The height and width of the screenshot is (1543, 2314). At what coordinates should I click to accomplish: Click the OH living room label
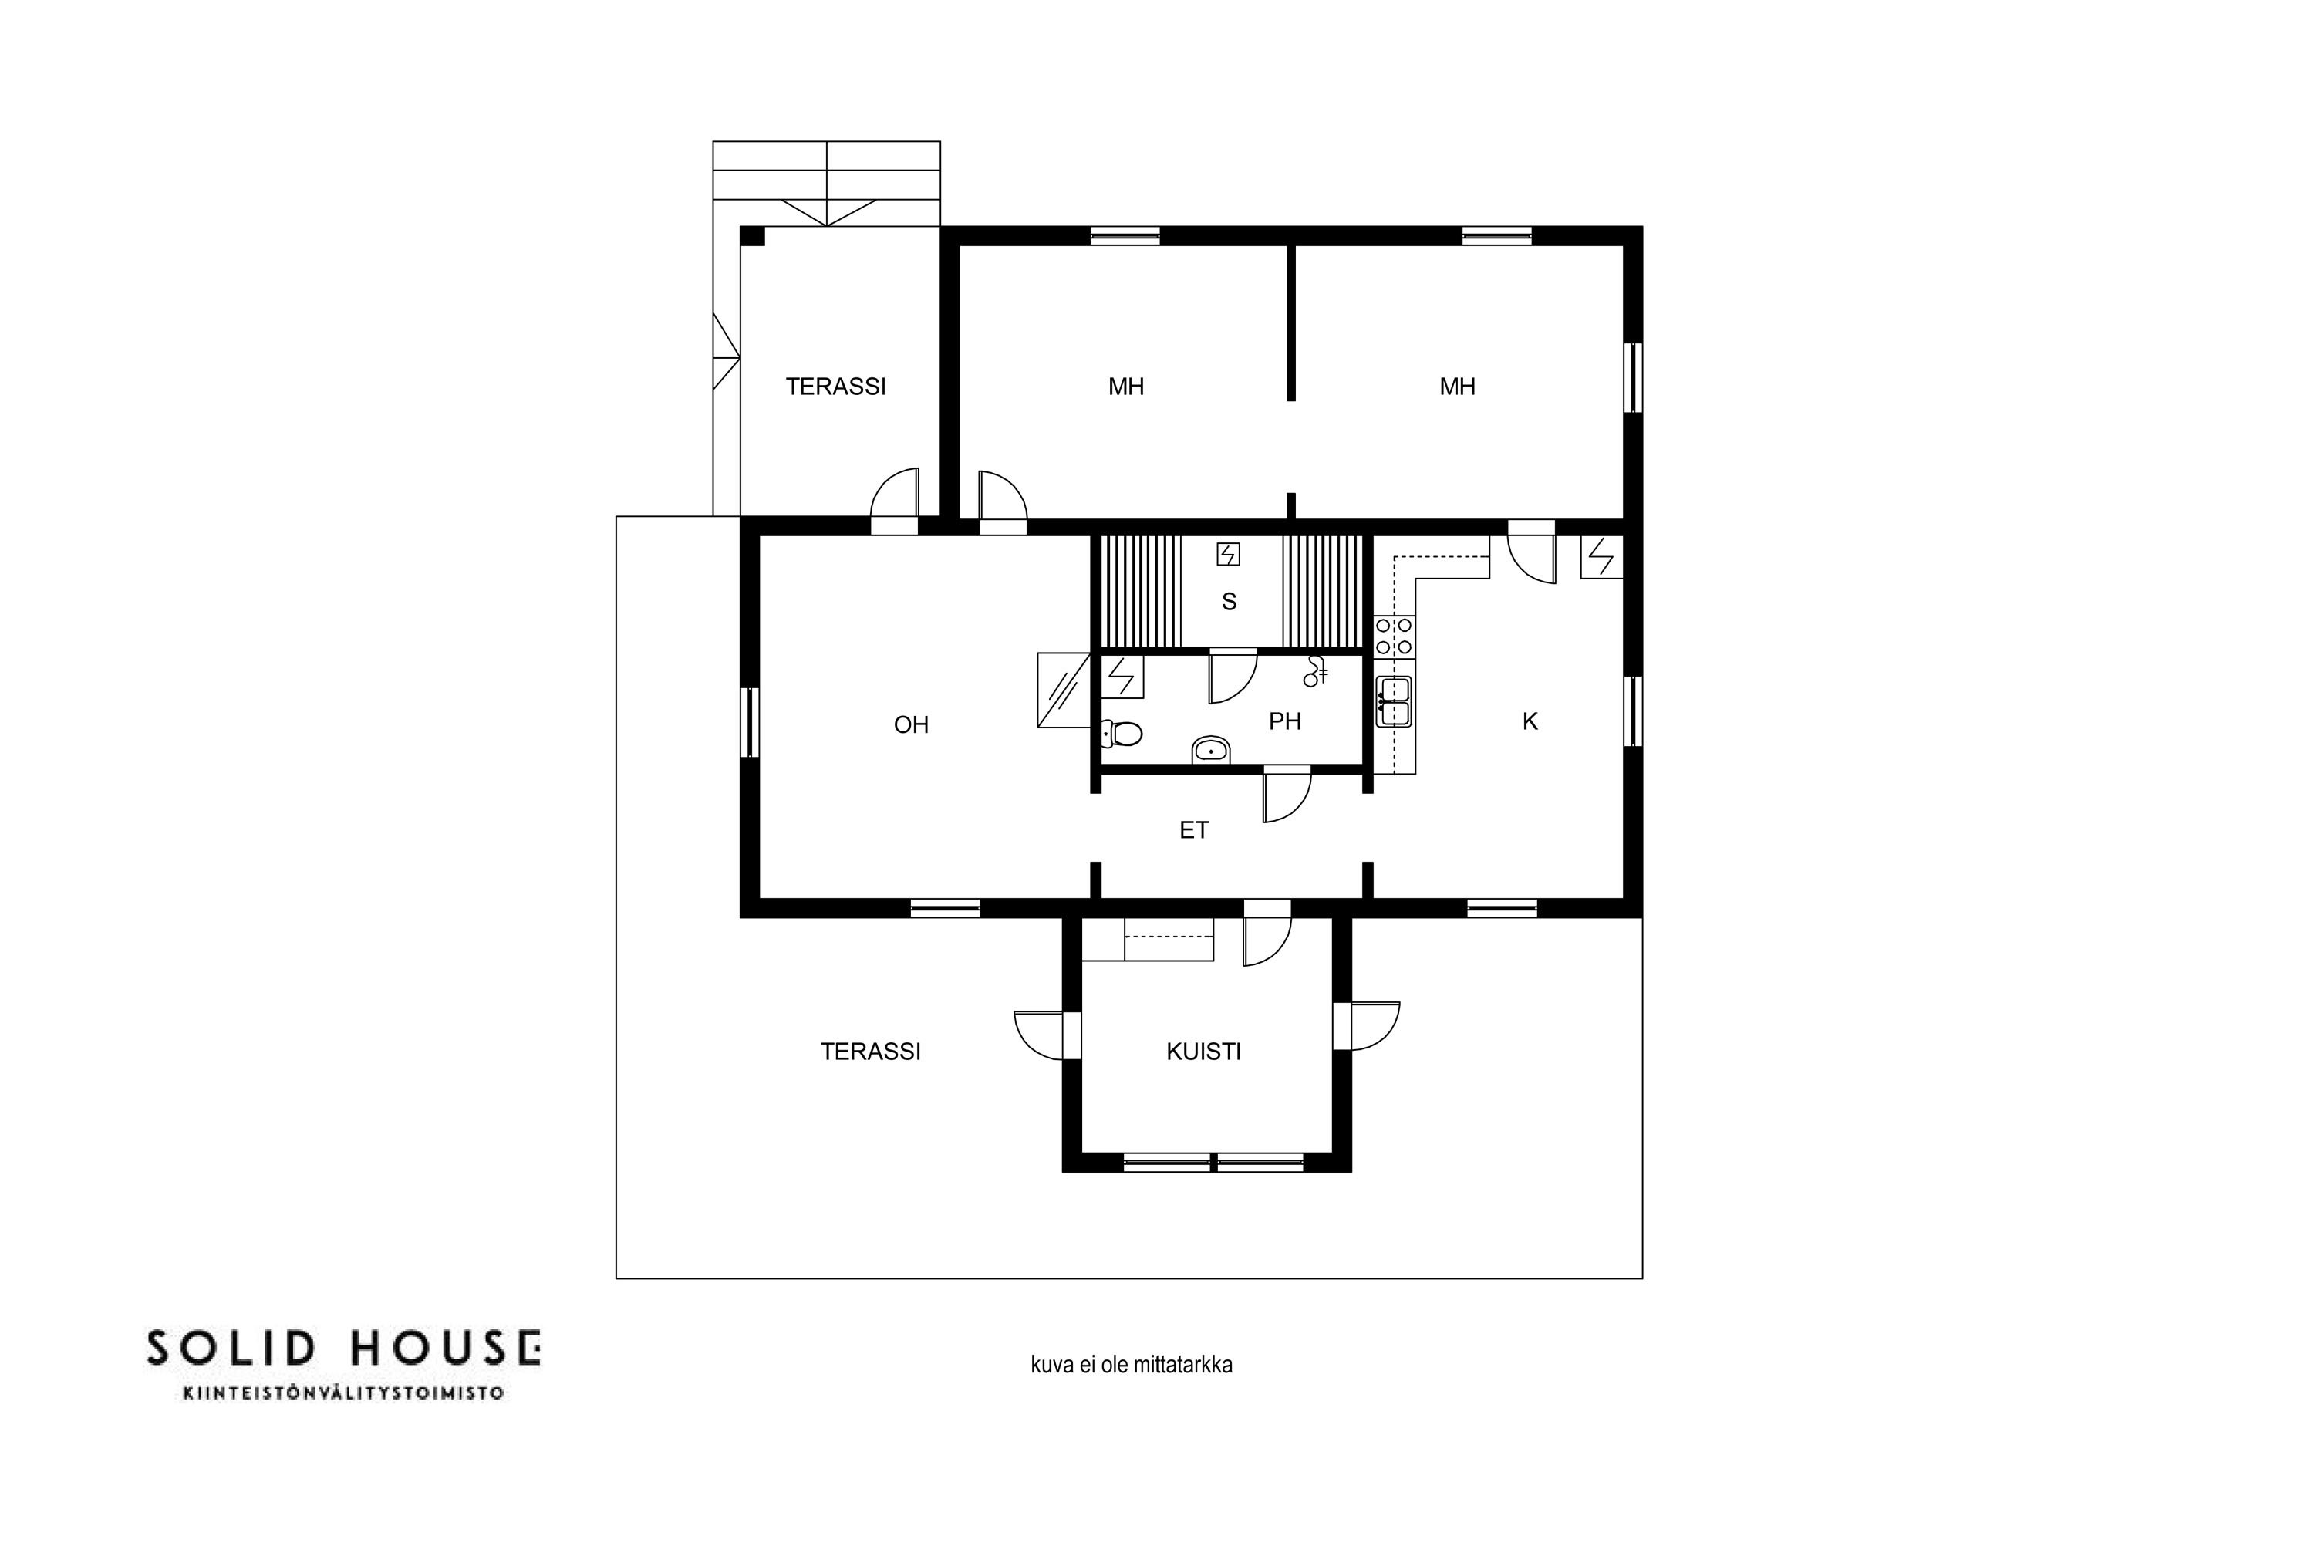coord(911,725)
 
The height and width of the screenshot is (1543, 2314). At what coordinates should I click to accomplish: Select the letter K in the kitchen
coord(1530,722)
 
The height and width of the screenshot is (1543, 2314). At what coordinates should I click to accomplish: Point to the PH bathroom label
coord(1285,722)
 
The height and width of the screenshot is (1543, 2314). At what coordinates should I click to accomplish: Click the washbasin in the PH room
coord(1211,751)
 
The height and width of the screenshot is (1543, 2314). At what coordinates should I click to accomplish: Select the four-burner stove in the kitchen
coord(1394,636)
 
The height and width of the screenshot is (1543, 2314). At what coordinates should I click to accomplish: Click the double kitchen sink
coord(1394,701)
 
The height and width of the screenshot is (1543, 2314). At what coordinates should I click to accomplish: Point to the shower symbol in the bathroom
coord(1315,672)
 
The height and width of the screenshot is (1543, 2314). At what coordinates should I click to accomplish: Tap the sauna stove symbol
coord(1228,555)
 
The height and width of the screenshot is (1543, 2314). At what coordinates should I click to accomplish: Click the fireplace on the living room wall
coord(1064,690)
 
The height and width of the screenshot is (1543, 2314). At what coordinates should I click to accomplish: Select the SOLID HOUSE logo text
coord(343,1348)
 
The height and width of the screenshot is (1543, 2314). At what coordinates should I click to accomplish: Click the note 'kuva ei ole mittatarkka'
coord(1132,1365)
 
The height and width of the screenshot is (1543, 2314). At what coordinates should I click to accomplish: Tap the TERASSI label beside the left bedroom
coord(835,387)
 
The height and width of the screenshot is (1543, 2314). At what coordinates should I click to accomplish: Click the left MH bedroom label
coord(1125,387)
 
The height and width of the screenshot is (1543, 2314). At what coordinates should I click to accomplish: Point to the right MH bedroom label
coord(1457,387)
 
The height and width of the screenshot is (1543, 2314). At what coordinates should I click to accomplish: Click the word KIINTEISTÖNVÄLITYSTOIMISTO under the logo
coord(343,1393)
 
